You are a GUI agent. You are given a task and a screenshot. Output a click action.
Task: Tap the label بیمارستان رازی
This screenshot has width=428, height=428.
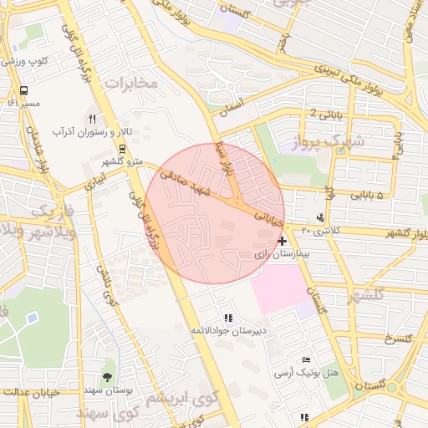coord(282,252)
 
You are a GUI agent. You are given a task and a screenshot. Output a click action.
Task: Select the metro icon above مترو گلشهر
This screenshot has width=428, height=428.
coord(123,149)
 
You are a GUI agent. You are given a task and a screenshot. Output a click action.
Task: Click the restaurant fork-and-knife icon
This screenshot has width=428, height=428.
coord(92,120)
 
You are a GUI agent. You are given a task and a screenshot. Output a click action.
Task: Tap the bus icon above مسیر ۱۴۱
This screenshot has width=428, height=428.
coord(23,90)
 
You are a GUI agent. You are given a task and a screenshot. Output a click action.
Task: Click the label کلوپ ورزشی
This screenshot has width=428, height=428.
coord(26,61)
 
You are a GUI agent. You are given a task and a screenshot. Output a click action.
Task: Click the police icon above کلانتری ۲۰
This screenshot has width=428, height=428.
coord(320,218)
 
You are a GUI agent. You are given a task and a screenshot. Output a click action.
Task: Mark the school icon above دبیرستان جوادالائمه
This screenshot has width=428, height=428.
coord(228,318)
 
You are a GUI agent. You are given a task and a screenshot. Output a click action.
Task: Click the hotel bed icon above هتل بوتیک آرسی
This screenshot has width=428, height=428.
coord(307,359)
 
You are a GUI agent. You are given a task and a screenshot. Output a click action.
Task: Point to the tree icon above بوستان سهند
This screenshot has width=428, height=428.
coord(107,377)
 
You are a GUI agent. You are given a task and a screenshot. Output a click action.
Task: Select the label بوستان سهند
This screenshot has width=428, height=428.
coord(103,390)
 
